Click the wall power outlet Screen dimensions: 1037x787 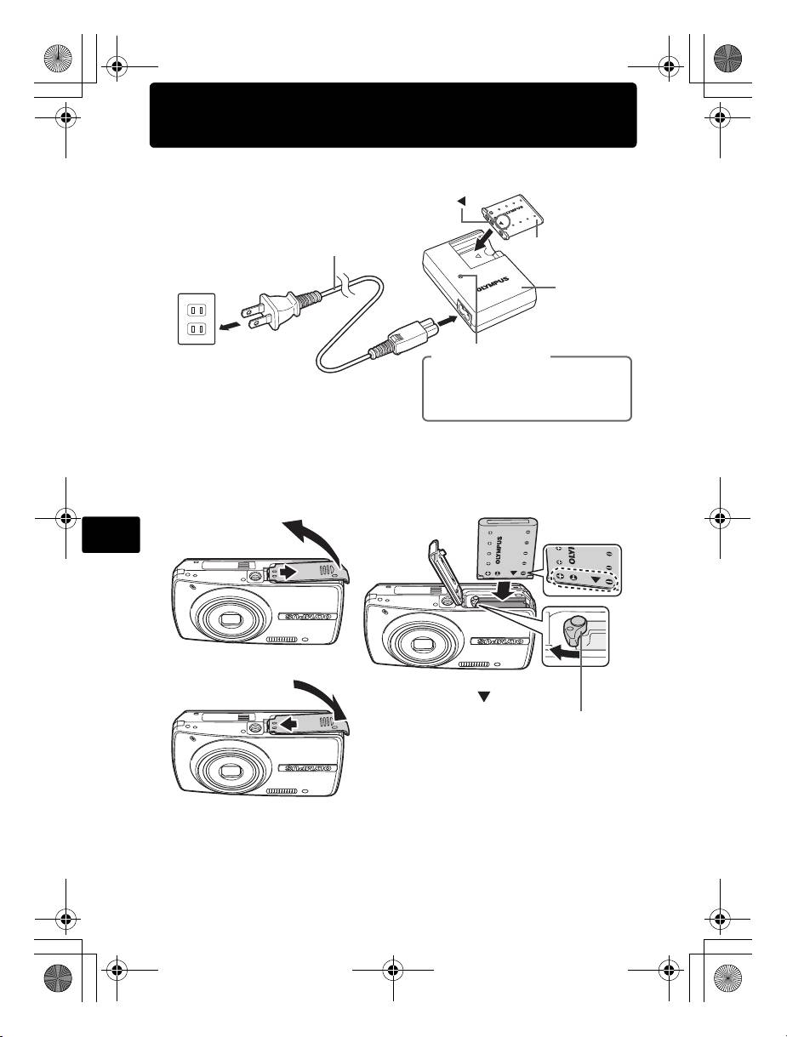click(196, 318)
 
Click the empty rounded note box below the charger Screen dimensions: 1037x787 click(527, 389)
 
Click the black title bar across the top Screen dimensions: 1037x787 click(393, 115)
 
